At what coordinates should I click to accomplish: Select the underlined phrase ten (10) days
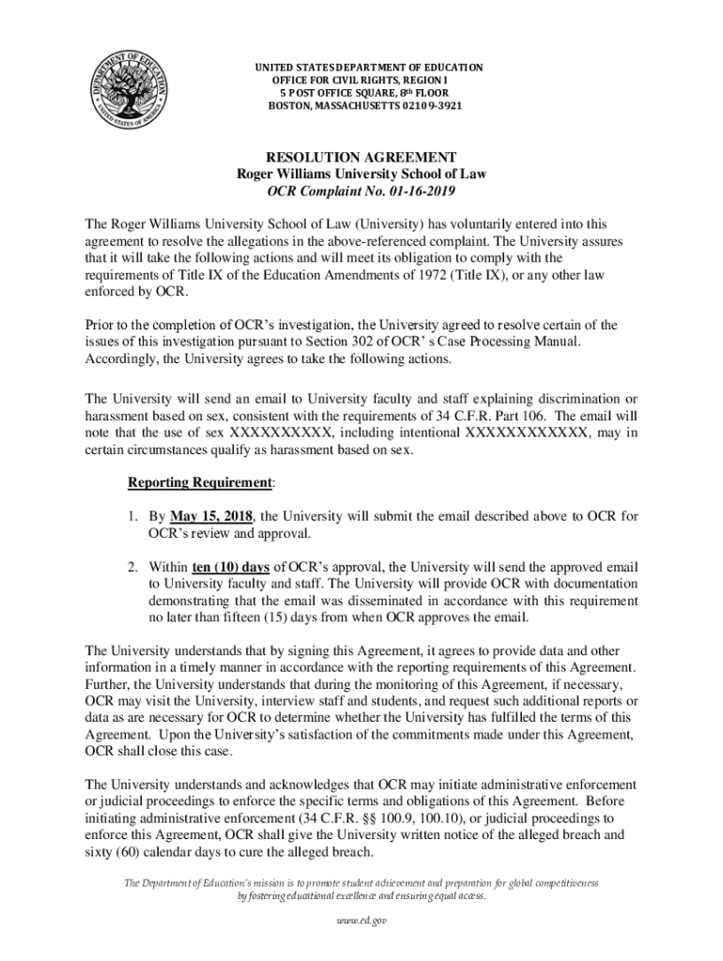(224, 567)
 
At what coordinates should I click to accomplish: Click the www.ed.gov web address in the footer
(361, 921)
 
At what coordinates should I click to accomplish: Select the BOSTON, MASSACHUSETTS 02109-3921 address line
(365, 106)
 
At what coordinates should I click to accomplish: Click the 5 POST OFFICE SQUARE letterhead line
(365, 93)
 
